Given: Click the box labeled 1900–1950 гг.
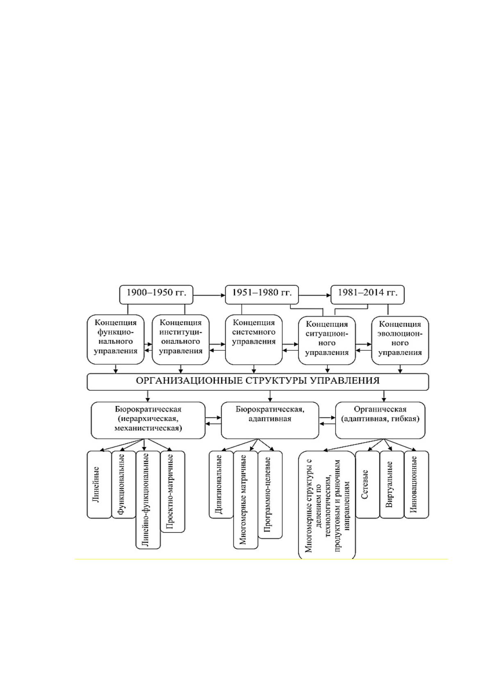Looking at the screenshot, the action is click(x=156, y=295).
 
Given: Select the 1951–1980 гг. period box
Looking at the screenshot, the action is click(x=262, y=295).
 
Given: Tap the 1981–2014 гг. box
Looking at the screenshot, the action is click(x=367, y=295).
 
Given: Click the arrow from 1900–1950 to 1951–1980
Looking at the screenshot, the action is click(x=209, y=295).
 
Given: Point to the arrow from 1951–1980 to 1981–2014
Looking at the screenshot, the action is click(x=315, y=295).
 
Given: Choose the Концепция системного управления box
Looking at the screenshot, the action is click(x=254, y=339).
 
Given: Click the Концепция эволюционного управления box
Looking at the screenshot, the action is click(x=400, y=340).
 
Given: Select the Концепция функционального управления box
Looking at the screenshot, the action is click(x=116, y=339).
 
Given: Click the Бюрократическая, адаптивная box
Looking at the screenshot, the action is click(x=270, y=420).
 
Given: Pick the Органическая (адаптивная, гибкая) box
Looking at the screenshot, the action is click(x=380, y=420).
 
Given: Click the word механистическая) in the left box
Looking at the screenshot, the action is click(x=148, y=429).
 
